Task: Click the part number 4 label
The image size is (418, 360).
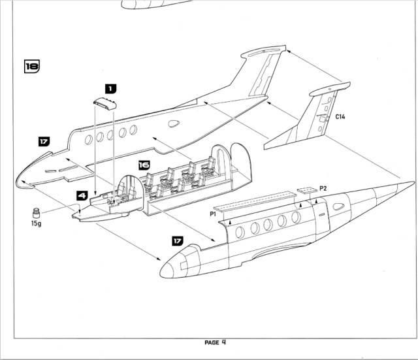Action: (x=82, y=194)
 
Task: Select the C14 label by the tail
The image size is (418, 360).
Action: (x=341, y=116)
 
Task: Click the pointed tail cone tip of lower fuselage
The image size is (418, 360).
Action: (x=412, y=184)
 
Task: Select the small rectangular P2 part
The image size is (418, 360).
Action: (x=306, y=191)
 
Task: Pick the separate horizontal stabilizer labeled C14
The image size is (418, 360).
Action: (x=307, y=121)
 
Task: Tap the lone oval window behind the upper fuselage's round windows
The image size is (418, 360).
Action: (x=174, y=123)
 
